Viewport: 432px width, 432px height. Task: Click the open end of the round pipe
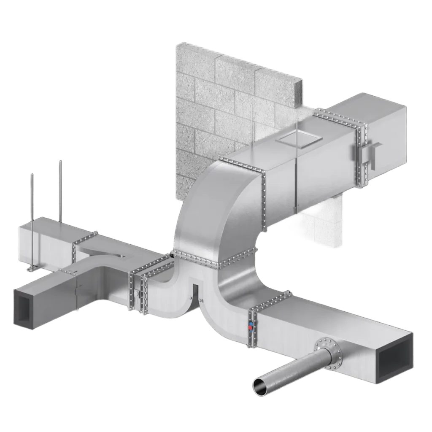pos(261,385)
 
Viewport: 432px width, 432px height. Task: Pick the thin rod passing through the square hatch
pos(297,139)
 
